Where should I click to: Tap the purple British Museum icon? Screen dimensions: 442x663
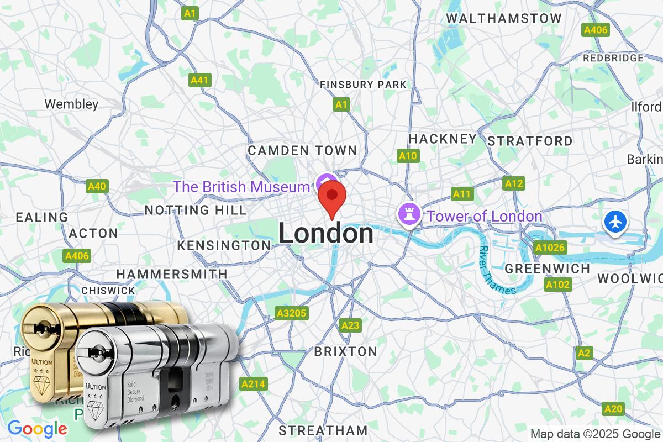coord(325,182)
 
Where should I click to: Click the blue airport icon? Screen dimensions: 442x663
coord(615,222)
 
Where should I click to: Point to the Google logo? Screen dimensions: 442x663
coord(37,428)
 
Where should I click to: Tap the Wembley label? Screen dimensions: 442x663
coord(71,104)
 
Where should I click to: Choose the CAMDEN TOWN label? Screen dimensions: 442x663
coord(302,150)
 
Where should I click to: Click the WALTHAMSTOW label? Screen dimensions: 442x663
coord(503,18)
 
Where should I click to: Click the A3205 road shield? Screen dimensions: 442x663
coord(291,314)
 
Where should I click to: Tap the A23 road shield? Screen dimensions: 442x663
coord(350,325)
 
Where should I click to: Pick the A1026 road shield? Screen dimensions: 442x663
coord(550,248)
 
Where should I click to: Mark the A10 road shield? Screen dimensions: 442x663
coord(408,156)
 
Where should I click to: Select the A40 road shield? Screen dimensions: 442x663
coord(97,187)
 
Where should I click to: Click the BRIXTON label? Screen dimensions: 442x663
coord(345,351)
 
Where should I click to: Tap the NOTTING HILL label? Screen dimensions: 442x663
coord(195,210)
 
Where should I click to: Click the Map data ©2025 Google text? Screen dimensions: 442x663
coord(596,434)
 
